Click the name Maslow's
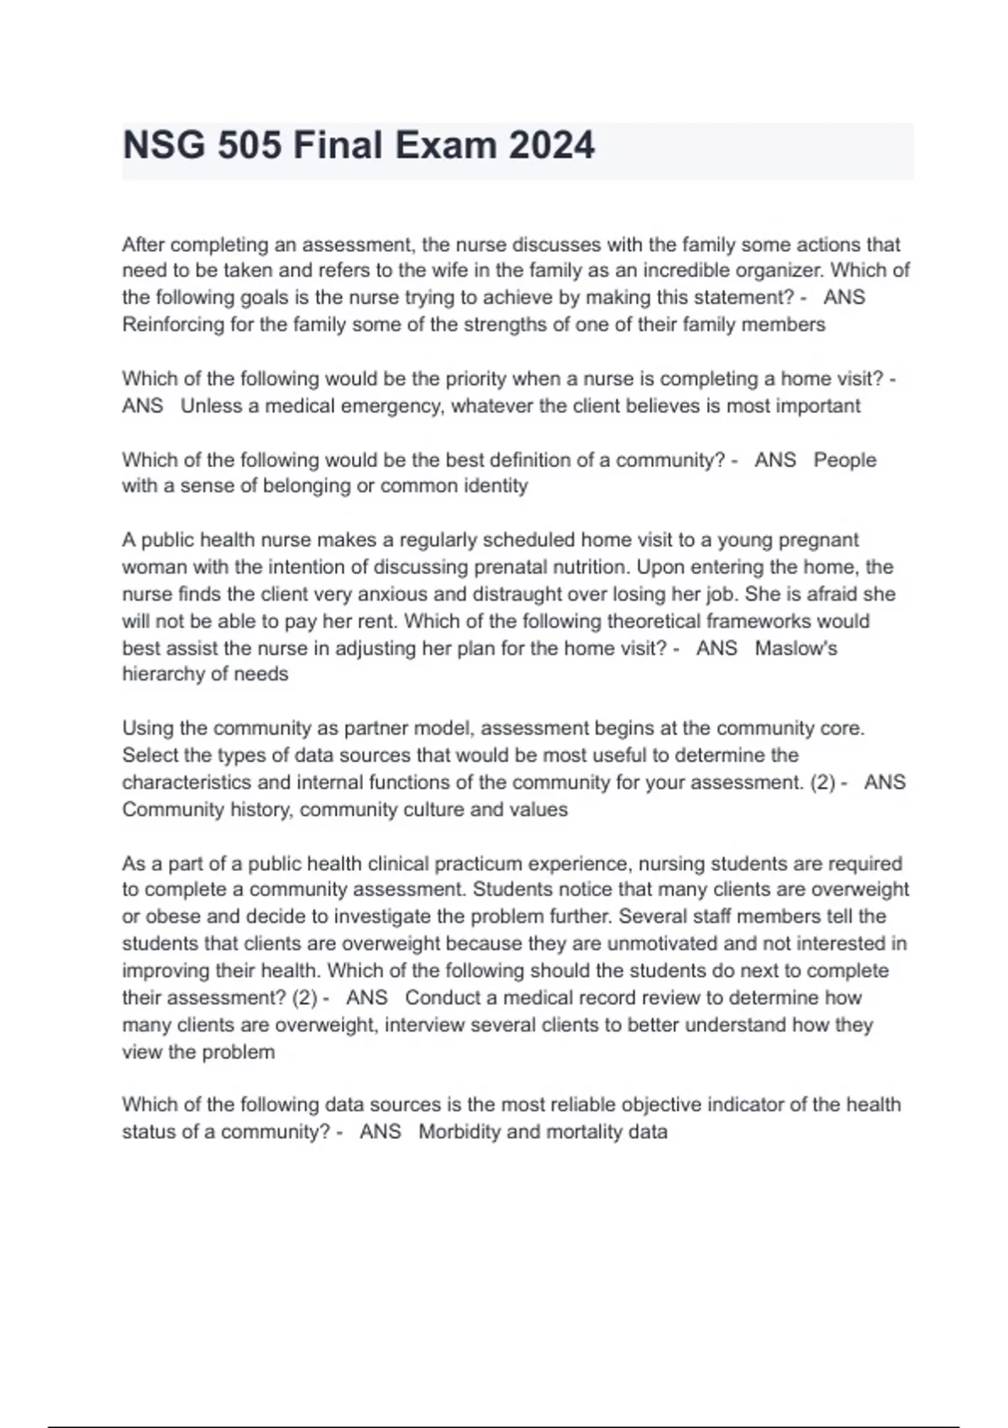coord(795,648)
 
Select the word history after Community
coord(262,810)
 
